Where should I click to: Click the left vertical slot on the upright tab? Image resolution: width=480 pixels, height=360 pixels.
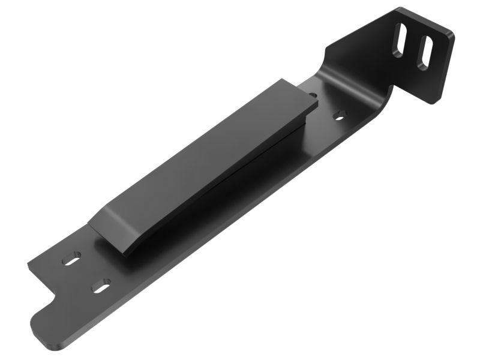pos(400,41)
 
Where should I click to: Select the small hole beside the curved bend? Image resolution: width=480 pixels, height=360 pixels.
pos(340,115)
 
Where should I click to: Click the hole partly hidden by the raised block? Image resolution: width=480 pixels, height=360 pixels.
pos(313,95)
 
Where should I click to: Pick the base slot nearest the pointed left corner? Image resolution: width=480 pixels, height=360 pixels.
pos(71,260)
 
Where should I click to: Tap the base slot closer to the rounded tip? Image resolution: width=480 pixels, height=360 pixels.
pos(101,286)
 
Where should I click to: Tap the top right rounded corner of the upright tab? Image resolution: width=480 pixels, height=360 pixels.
pos(449,34)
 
